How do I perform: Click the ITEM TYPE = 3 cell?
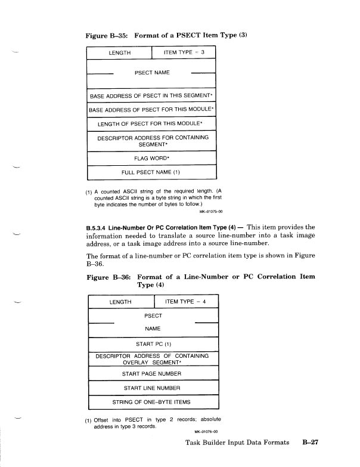pos(184,53)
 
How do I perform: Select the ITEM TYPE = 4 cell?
pos(185,302)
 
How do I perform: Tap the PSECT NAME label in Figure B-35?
pos(152,73)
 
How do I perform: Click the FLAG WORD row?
pos(151,159)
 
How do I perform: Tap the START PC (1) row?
pos(153,344)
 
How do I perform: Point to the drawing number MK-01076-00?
pos(206,432)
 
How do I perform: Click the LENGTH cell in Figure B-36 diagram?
pos(120,302)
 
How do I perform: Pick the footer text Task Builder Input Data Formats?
pos(237,444)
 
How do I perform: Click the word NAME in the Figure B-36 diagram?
pos(153,328)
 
